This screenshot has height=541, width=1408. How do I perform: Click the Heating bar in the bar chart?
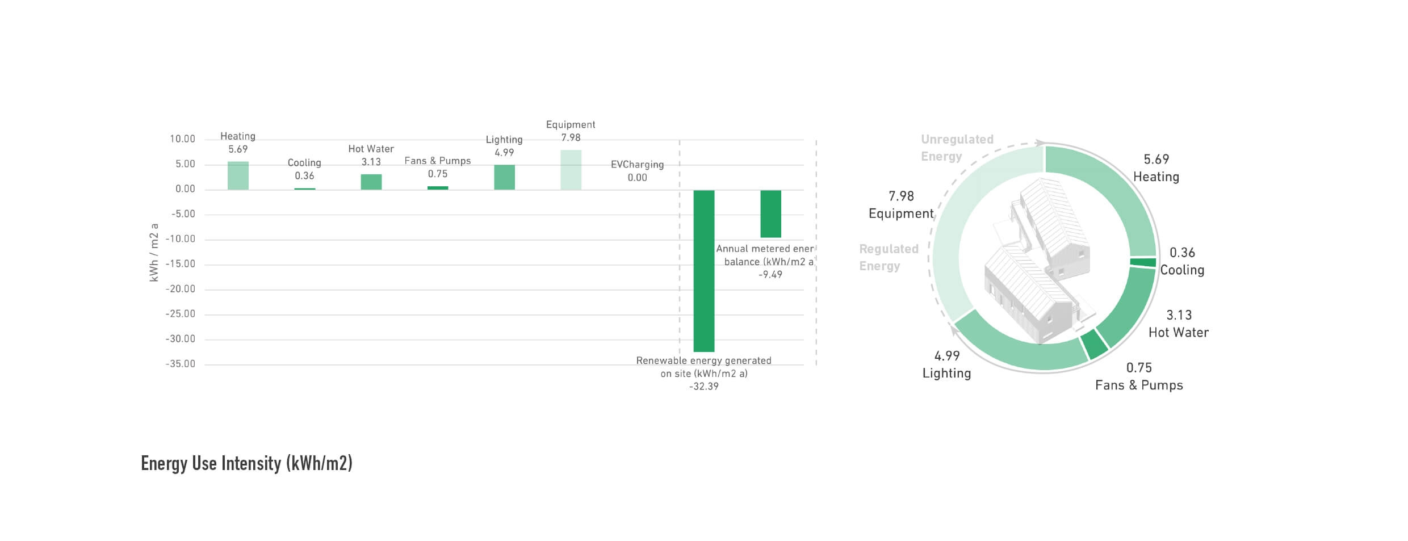point(238,175)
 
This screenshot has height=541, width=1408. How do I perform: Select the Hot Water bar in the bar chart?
point(371,182)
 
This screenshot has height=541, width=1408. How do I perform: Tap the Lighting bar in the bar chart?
point(504,177)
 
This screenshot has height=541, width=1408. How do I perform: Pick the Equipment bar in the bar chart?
point(571,170)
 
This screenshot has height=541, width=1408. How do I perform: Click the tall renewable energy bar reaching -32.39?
point(704,271)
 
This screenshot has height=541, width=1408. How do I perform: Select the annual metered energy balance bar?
point(770,213)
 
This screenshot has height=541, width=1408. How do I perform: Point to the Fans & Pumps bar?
point(438,188)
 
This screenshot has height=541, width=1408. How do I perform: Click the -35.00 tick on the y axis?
point(181,364)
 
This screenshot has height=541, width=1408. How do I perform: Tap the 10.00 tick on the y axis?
point(182,139)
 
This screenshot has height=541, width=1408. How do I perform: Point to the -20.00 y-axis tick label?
point(181,289)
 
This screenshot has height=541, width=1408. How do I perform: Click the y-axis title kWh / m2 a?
point(154,253)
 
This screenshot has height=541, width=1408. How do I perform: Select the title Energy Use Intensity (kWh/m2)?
point(246,463)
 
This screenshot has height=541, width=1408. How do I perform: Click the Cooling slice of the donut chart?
point(1143,262)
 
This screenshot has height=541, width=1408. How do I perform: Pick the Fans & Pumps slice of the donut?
point(1093,344)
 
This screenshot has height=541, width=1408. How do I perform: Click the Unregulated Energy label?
point(957,148)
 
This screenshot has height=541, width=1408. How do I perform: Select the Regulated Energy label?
point(889,257)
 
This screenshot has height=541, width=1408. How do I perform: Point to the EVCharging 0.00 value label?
point(637,178)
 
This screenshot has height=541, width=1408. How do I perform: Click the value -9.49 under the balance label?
point(770,275)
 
